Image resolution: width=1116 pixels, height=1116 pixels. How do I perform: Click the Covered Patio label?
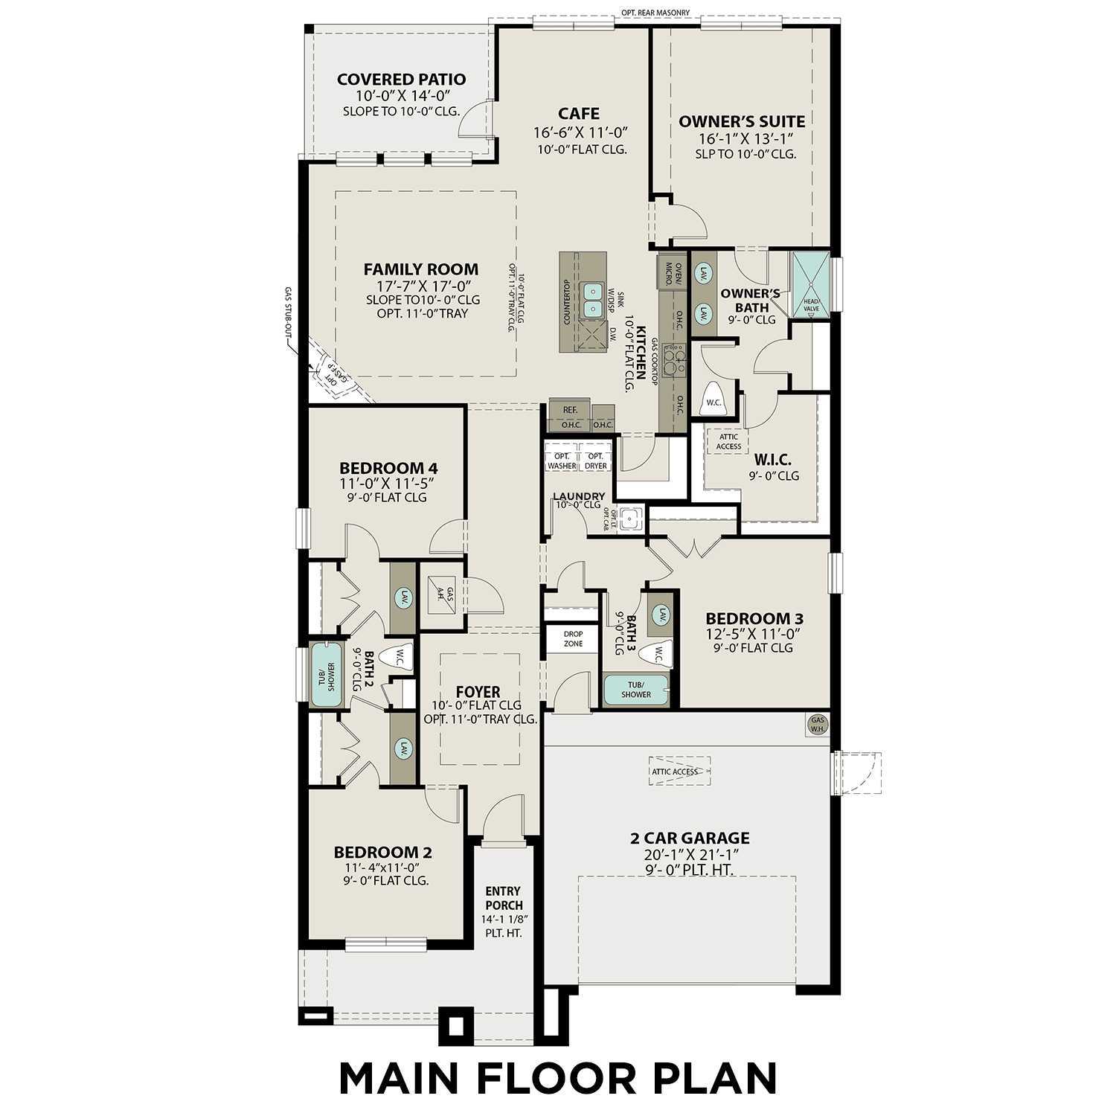(401, 80)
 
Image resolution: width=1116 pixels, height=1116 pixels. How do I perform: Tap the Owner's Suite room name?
(741, 121)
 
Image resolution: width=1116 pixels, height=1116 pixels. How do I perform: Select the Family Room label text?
(420, 269)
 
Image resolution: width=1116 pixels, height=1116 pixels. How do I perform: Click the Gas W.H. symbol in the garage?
(818, 725)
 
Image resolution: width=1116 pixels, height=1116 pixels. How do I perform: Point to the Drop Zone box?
(573, 638)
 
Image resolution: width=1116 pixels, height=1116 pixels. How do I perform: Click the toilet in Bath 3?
(659, 653)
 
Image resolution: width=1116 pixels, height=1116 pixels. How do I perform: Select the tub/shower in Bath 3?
(635, 690)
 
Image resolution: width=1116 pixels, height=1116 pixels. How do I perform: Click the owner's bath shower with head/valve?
(810, 286)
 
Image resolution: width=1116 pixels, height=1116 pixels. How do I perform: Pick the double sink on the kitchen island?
(593, 298)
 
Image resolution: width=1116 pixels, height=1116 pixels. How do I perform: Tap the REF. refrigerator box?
(570, 410)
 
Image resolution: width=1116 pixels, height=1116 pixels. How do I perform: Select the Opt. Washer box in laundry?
(562, 461)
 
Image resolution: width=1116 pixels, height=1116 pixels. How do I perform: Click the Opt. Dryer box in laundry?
(595, 461)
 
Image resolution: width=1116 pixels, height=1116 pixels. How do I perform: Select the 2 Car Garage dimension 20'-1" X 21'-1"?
(689, 855)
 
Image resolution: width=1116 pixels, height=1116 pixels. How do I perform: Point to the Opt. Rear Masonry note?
(655, 13)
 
